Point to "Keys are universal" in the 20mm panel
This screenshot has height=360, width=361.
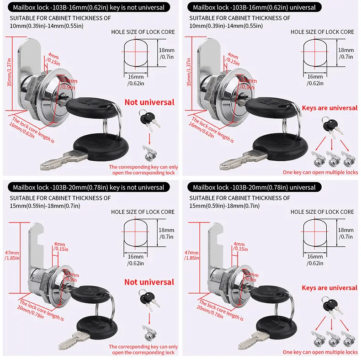click(x=329, y=288)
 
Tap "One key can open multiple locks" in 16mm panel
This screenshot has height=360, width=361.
click(x=320, y=172)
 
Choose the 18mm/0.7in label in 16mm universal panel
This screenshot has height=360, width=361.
click(x=346, y=53)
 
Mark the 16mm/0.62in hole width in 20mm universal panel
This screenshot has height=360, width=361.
click(x=315, y=260)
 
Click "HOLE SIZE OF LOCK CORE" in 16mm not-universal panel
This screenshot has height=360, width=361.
click(x=143, y=32)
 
